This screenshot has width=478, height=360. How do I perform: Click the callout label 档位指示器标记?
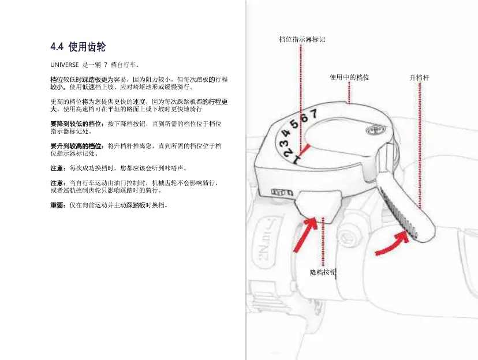301,39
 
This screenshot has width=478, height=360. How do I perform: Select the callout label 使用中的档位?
349,77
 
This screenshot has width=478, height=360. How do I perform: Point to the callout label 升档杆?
419,77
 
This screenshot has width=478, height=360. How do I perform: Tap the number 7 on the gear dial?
314,112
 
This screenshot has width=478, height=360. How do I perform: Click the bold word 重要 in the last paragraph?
58,205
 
